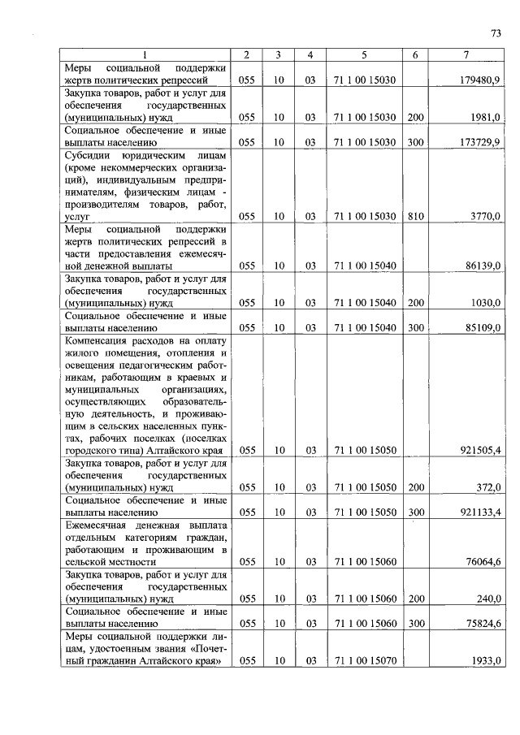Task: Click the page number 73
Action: (496, 33)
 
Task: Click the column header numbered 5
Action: (364, 54)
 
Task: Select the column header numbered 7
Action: (465, 54)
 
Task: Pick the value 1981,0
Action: (485, 117)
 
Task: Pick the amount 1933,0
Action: (485, 661)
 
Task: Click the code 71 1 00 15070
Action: (364, 661)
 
